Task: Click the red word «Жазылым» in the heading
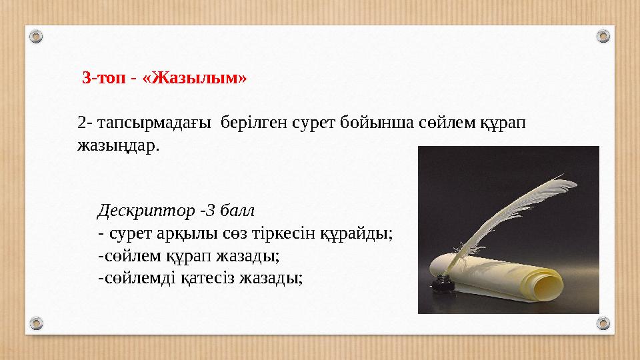[200, 78]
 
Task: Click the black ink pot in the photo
[441, 285]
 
